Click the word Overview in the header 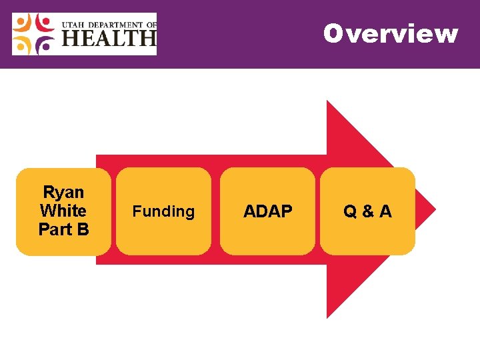(x=391, y=33)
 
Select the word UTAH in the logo (x=73, y=25)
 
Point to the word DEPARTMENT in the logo (x=114, y=25)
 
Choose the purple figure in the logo (x=44, y=44)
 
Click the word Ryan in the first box (x=63, y=193)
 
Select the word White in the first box (x=63, y=211)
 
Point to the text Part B (x=63, y=229)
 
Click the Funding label (x=163, y=211)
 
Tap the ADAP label (x=267, y=211)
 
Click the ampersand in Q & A (x=367, y=212)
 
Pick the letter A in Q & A (x=385, y=211)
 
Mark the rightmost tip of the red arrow (x=435, y=209)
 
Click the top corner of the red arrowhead (x=327, y=102)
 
